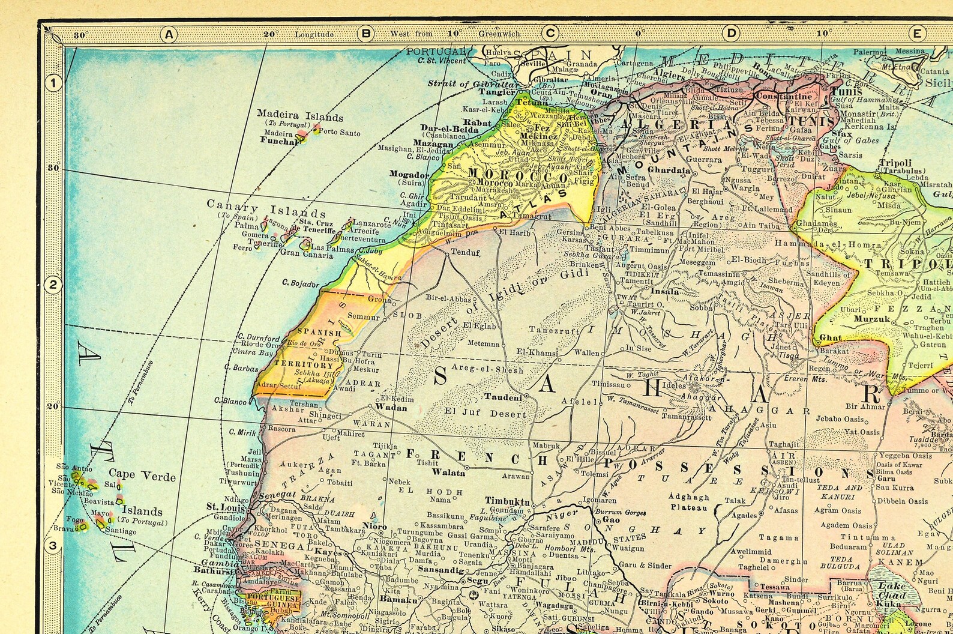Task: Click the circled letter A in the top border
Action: point(169,34)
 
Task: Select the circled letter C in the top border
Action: point(549,34)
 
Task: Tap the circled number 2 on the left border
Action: point(53,285)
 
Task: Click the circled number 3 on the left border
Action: point(53,546)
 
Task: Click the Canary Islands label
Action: point(266,208)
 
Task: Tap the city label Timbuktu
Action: point(508,502)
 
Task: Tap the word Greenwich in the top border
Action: point(499,34)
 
